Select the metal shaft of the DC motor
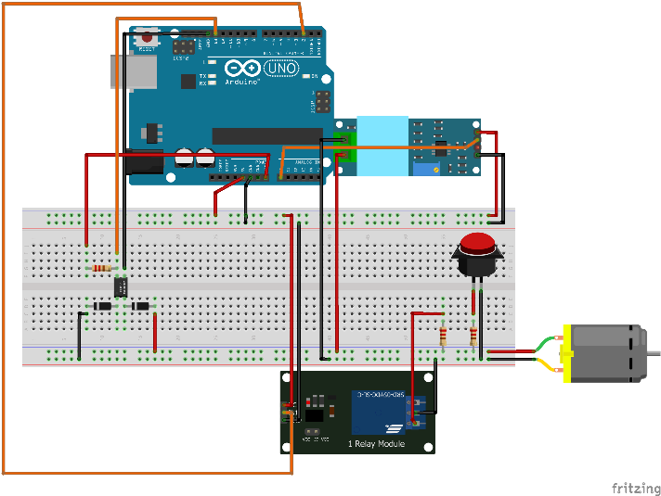click(x=653, y=352)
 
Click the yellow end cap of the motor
click(x=567, y=352)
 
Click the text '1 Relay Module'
click(x=378, y=444)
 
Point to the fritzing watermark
click(x=635, y=488)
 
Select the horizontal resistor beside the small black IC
click(x=102, y=268)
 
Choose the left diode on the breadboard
click(x=102, y=306)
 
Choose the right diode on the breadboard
click(x=140, y=306)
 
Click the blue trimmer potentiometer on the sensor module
click(x=428, y=168)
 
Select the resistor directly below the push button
click(x=474, y=335)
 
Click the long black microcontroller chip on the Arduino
click(x=266, y=135)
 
